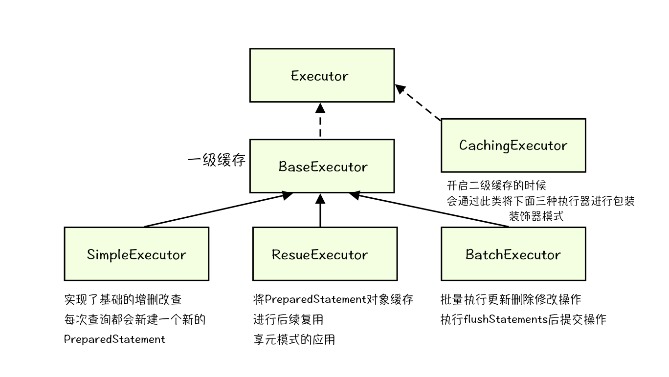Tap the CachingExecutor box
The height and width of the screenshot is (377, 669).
coord(513,145)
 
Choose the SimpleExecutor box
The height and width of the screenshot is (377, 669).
coord(136,254)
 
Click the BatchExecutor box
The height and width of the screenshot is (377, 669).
coord(513,254)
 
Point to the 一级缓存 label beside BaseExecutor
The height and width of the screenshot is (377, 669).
coord(216,160)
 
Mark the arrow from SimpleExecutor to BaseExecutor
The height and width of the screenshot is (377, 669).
coord(215,210)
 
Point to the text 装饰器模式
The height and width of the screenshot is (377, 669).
coord(536,216)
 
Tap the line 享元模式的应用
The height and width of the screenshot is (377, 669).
coord(294,339)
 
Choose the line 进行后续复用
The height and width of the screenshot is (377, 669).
coord(288,319)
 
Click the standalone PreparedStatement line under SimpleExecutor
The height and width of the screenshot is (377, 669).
coord(115,339)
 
